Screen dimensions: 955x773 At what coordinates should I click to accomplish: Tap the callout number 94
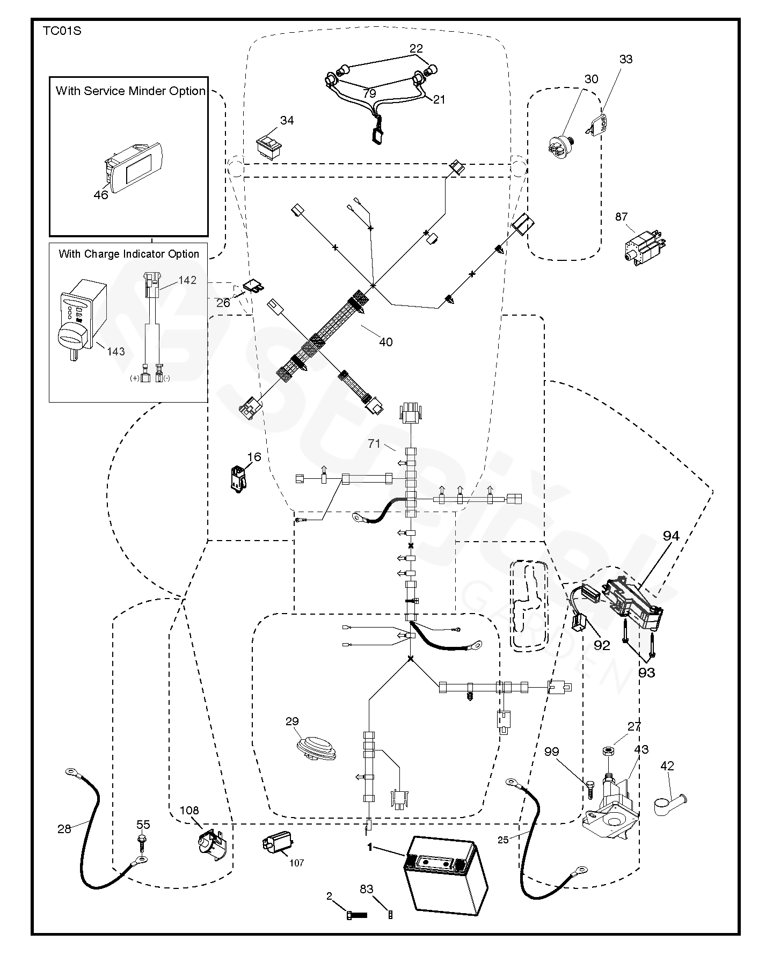tap(670, 535)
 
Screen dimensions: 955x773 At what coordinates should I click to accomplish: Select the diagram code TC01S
tap(62, 31)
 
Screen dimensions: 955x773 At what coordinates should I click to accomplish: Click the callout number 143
tap(115, 351)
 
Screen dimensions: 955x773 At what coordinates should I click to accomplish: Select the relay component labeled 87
tap(645, 247)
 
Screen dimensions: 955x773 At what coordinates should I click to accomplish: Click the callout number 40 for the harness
tap(385, 341)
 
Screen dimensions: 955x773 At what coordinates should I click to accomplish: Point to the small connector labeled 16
tap(237, 478)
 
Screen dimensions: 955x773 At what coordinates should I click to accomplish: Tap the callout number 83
tap(366, 889)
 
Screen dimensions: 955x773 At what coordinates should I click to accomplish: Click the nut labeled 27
tap(609, 750)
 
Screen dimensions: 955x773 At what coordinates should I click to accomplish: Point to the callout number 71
tap(374, 443)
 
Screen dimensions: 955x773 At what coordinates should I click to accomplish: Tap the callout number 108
tap(189, 810)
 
